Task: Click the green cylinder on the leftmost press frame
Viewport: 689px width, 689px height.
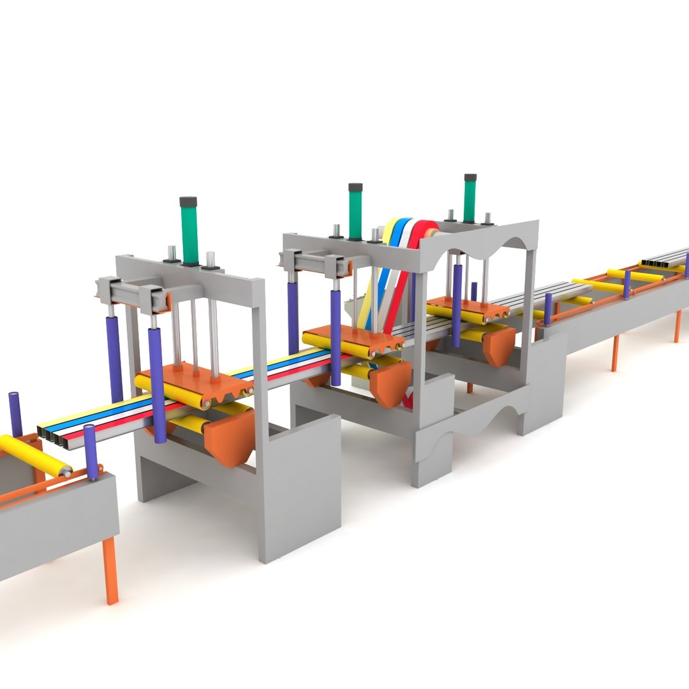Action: click(189, 231)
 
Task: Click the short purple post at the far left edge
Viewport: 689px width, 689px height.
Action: click(15, 414)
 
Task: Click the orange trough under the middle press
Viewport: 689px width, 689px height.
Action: click(390, 383)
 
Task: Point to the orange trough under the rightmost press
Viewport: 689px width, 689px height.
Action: click(498, 344)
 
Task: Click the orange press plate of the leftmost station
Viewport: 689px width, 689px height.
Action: click(191, 380)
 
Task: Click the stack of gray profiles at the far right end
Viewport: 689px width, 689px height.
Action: click(663, 259)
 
